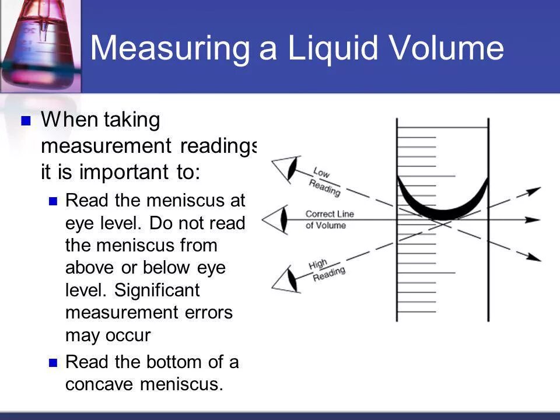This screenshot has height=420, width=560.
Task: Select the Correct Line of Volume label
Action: (x=329, y=219)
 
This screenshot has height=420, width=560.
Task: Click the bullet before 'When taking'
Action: (x=25, y=121)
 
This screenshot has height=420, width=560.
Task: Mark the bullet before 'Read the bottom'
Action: (x=53, y=363)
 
